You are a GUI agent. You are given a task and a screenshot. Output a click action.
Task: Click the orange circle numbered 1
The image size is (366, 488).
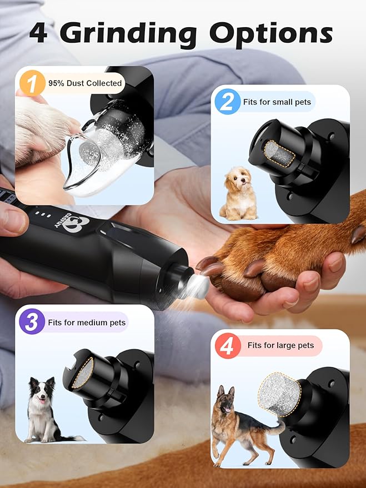[x=32, y=84]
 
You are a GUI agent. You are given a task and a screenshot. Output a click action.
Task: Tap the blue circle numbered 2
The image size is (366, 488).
[x=227, y=102]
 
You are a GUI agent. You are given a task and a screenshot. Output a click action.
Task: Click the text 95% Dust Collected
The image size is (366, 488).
[x=85, y=83]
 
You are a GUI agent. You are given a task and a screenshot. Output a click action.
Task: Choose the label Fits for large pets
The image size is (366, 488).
[x=280, y=345]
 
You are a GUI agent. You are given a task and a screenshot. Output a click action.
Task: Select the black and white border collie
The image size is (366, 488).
[x=43, y=408]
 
